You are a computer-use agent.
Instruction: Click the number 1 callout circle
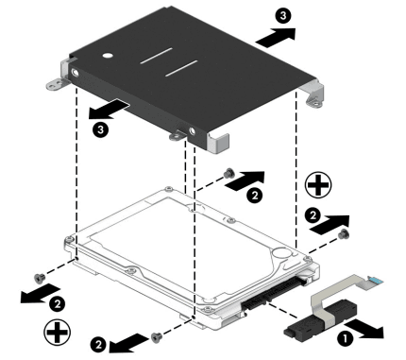[x=345, y=339]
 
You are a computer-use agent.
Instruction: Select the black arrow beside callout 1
[x=364, y=329]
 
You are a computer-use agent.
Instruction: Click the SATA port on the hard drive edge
[x=274, y=293]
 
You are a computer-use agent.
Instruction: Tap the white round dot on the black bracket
[x=108, y=56]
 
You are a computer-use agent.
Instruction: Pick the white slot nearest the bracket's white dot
[x=156, y=56]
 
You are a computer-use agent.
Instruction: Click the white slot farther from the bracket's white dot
[x=181, y=68]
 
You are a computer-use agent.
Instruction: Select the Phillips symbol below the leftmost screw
[x=57, y=332]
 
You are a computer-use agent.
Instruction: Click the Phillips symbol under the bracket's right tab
[x=318, y=185]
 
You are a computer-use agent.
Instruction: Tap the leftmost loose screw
[x=40, y=278]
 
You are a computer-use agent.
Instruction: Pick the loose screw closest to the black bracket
[x=228, y=173]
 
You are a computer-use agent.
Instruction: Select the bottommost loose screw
[x=157, y=336]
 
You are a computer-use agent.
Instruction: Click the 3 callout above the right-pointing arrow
[x=283, y=15]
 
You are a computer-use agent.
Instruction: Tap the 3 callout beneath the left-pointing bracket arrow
[x=100, y=129]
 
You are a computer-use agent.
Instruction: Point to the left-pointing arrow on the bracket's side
[x=109, y=109]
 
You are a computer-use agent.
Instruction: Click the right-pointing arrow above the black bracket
[x=276, y=38]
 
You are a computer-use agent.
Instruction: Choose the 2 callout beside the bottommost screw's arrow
[x=98, y=345]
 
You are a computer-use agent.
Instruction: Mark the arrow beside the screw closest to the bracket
[x=245, y=181]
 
